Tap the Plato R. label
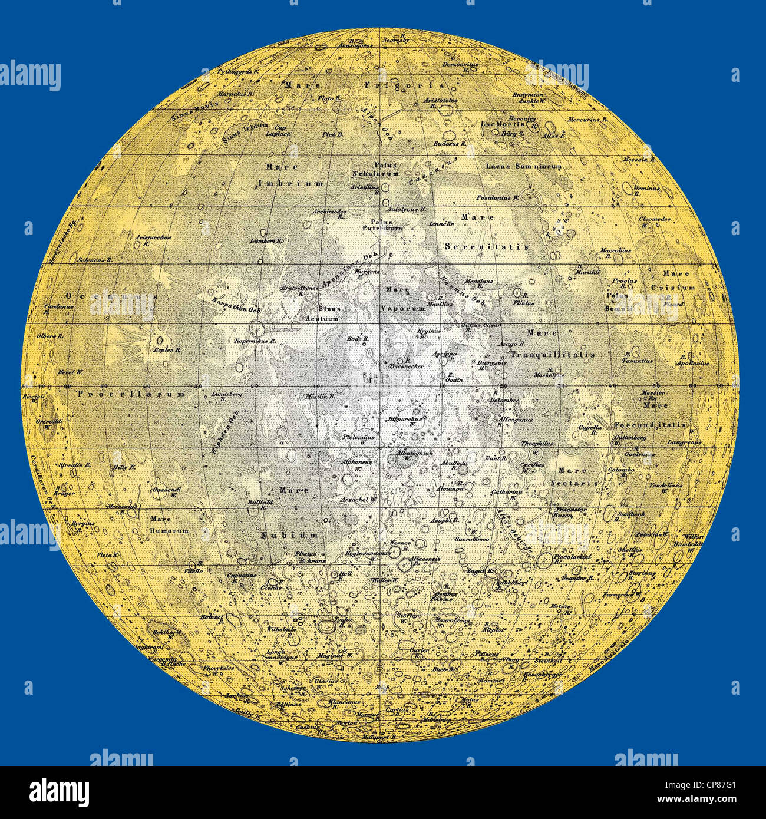[x=329, y=98]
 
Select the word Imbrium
[x=290, y=184]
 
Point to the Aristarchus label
[x=153, y=237]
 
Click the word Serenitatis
[x=487, y=246]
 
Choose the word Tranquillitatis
[x=552, y=355]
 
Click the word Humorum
[x=170, y=530]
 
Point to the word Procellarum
[x=131, y=394]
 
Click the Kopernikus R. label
[x=251, y=341]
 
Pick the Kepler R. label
[x=167, y=349]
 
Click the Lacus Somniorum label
[x=523, y=167]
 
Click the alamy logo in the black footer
[x=59, y=791]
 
